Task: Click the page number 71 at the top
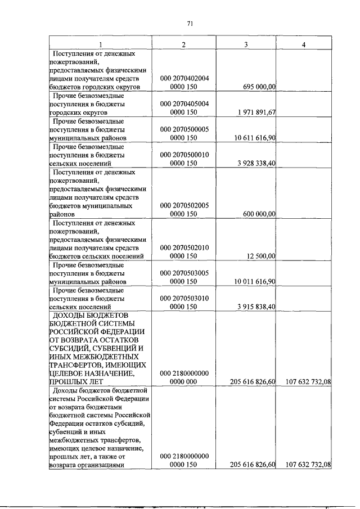pos(190,23)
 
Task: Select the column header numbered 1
pos(101,44)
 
